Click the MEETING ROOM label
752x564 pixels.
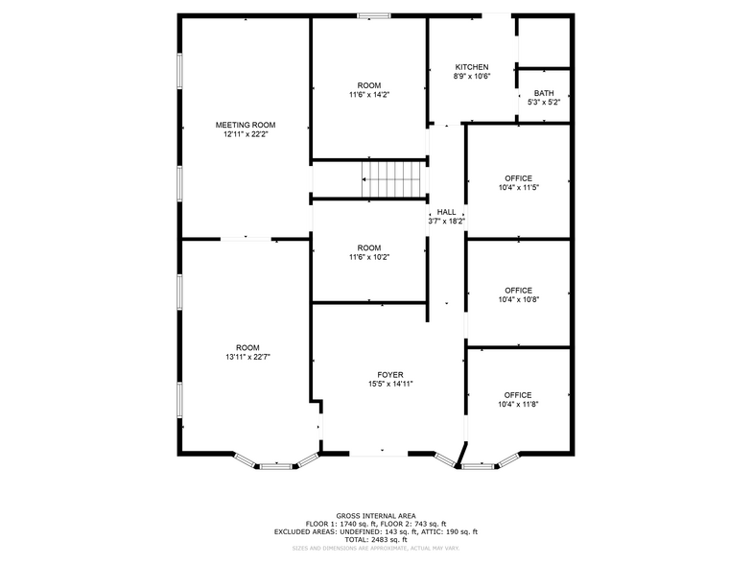pos(245,125)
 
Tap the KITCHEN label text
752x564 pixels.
pos(472,67)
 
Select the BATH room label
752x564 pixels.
pos(543,93)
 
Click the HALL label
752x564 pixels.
pos(446,212)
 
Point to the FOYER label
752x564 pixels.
pos(389,374)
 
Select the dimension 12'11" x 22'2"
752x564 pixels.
pos(245,134)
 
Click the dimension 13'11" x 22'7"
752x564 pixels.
pos(247,357)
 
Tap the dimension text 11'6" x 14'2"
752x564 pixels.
pos(368,95)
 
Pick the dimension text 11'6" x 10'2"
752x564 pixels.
pos(368,257)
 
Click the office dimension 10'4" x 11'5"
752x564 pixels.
pos(518,188)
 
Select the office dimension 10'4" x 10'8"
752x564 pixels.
pos(518,299)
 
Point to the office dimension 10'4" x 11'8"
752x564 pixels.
pos(518,405)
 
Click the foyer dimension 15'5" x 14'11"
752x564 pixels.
pos(389,384)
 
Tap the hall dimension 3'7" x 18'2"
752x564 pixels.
pos(446,222)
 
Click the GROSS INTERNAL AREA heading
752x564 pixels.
pos(376,515)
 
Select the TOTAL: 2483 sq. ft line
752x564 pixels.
pos(376,540)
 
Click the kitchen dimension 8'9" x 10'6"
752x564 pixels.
pos(472,77)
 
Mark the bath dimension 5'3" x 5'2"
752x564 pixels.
pos(543,103)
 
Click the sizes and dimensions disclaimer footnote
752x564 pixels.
pos(376,549)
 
